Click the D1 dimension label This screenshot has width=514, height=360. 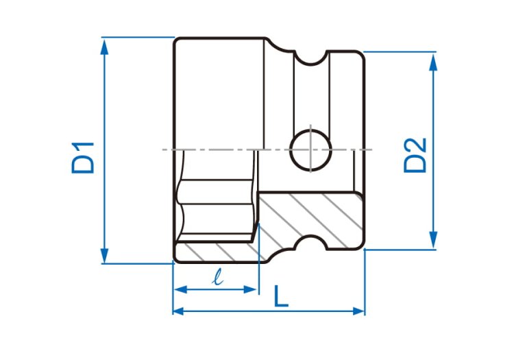[83, 158]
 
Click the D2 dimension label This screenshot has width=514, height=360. [415, 155]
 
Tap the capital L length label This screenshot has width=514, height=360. [281, 296]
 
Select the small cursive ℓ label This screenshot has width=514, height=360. [218, 277]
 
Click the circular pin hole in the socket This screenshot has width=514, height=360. [310, 150]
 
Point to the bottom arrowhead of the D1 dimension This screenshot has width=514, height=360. [105, 255]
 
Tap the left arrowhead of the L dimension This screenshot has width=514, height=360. [180, 311]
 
